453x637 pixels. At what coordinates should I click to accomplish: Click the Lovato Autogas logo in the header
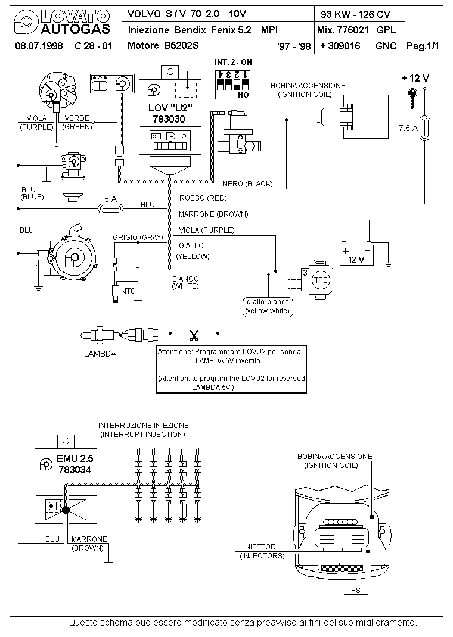(62, 22)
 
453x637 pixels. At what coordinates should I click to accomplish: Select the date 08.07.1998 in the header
(39, 46)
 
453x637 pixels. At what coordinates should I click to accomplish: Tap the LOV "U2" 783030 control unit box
(170, 117)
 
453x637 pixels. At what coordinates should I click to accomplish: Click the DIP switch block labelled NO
(232, 85)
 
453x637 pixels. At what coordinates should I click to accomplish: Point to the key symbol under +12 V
(412, 98)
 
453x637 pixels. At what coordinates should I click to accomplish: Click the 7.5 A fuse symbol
(424, 128)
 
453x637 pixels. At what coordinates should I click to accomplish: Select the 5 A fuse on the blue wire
(111, 208)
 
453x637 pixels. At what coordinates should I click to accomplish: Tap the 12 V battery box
(356, 254)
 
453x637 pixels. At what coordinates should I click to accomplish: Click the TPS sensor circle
(321, 280)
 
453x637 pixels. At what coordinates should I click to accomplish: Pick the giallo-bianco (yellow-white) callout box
(268, 307)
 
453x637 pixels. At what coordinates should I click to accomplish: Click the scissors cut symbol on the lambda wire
(194, 336)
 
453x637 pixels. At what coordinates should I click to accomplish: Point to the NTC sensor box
(128, 291)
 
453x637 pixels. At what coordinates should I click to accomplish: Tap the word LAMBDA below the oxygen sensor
(100, 354)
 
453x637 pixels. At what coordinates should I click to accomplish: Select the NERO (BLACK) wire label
(247, 183)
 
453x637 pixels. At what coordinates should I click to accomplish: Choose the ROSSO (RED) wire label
(203, 198)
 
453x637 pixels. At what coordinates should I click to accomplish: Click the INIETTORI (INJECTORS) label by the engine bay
(262, 551)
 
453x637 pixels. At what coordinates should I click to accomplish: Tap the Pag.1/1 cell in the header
(423, 46)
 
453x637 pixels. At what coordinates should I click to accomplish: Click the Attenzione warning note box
(231, 369)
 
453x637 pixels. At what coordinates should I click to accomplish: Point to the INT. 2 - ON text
(233, 62)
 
